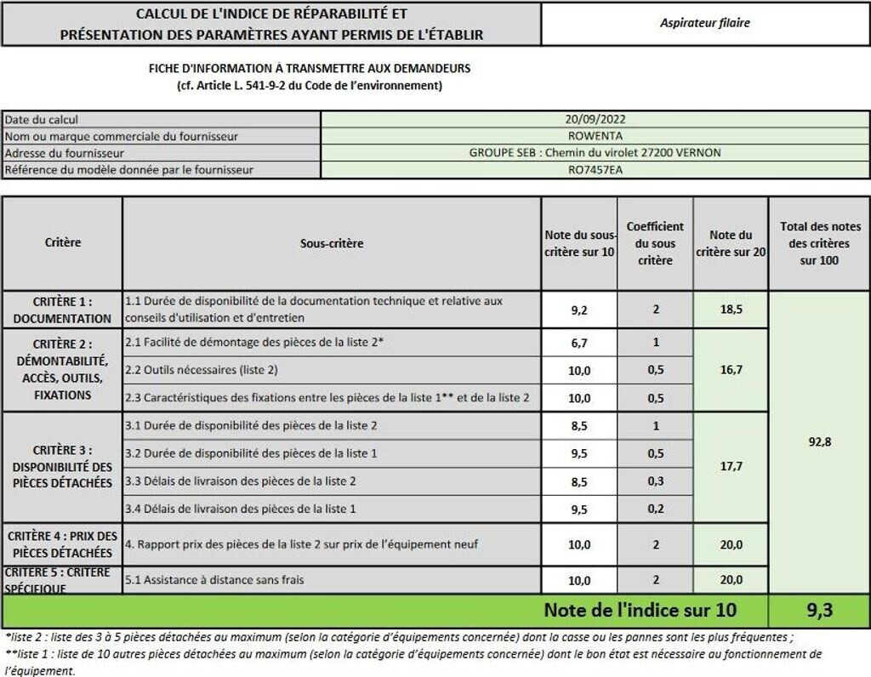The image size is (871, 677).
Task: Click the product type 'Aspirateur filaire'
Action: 705,24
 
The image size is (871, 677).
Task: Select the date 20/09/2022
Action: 595,120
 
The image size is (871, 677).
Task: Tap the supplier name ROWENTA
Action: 595,136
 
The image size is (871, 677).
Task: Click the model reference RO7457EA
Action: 595,169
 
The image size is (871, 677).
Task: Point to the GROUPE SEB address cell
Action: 595,153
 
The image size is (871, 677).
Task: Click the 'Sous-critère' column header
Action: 332,243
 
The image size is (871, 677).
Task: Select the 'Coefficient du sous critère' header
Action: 655,243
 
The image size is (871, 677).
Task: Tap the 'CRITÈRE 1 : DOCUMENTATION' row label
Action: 62,310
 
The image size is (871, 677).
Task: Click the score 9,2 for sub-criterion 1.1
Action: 579,310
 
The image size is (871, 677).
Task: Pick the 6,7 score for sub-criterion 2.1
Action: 579,342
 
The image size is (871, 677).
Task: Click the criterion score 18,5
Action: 731,310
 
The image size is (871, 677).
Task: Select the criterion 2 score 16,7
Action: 731,370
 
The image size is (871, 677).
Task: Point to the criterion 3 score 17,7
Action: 731,467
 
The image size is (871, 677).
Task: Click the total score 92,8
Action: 819,442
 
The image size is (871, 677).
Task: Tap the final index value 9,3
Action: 819,610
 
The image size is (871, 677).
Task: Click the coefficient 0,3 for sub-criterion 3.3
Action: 655,481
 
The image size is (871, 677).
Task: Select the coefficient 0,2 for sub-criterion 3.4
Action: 655,509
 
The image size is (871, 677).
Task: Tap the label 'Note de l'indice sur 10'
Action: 640,610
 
